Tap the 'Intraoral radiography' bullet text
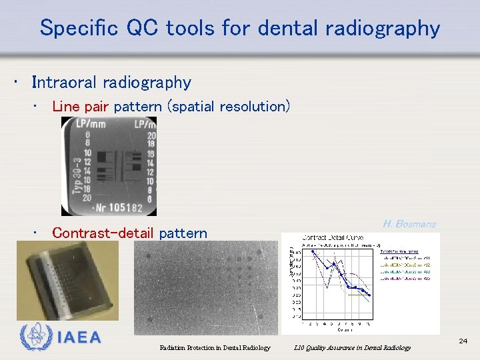coord(111,83)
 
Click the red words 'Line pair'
coord(81,107)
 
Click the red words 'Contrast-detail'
coord(103,233)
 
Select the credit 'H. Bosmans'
coord(409,224)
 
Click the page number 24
coord(463,341)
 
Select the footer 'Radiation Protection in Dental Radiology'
coord(215,347)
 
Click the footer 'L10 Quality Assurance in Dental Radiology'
coord(353,347)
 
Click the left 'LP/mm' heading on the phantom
coord(91,124)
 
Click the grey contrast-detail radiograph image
coord(205,287)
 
